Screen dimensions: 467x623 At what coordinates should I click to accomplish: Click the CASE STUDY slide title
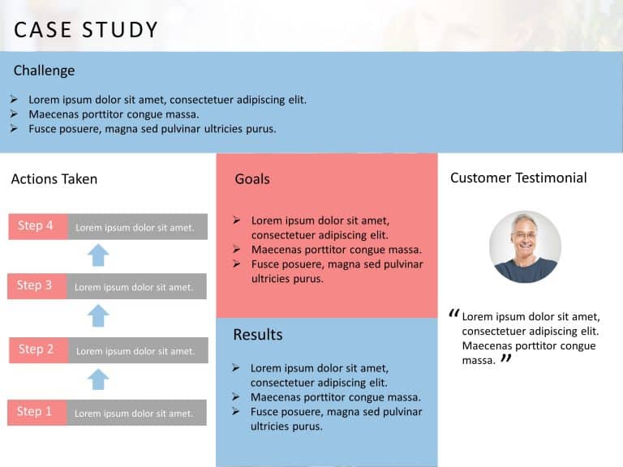point(86,30)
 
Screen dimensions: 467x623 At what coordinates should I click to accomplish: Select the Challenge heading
point(44,71)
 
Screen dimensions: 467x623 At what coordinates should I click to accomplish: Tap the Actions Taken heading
point(54,179)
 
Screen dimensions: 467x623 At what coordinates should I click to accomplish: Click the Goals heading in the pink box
point(251,179)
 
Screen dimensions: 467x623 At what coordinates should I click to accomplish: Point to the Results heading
point(257,335)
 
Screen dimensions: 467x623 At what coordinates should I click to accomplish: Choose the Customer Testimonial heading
point(518,178)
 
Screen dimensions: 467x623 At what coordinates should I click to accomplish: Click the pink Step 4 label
point(37,226)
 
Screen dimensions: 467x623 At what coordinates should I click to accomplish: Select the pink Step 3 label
point(37,286)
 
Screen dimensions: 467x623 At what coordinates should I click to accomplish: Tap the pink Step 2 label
point(37,349)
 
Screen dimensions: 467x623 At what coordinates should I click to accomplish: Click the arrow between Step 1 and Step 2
point(98,379)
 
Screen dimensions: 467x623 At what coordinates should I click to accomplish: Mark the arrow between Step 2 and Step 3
point(98,315)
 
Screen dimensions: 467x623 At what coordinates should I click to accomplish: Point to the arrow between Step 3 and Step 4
point(98,255)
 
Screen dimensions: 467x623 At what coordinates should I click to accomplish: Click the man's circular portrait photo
point(525,246)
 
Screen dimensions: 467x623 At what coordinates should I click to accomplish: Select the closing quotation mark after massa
point(506,358)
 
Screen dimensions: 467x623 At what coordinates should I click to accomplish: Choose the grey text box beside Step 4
point(136,227)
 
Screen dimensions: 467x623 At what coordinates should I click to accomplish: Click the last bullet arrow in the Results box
point(235,412)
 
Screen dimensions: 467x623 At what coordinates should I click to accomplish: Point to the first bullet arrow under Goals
point(236,220)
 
